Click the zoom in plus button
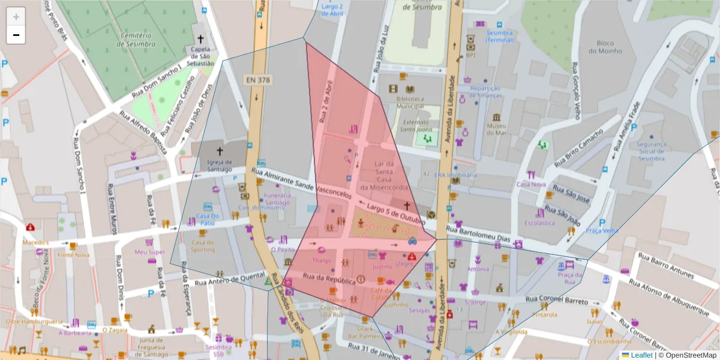[16, 17]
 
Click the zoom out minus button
[16, 35]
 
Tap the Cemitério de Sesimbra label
[138, 40]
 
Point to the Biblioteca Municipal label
[410, 103]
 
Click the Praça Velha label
[602, 230]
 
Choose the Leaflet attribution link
[641, 355]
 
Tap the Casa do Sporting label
[203, 245]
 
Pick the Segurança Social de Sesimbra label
[651, 151]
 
